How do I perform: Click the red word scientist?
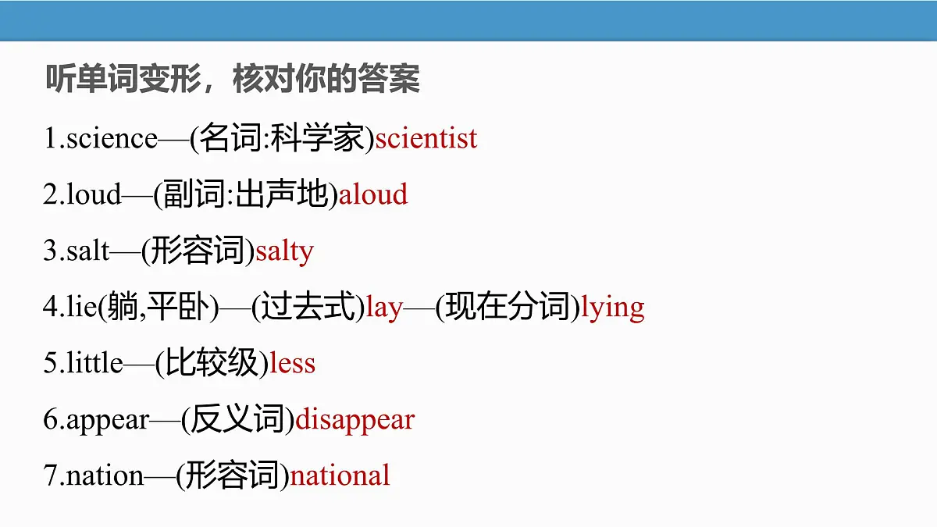[426, 139]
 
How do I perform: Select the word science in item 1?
[112, 139]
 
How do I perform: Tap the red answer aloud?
[373, 194]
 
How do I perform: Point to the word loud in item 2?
[94, 194]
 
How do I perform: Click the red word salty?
[284, 251]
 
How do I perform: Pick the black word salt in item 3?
[88, 251]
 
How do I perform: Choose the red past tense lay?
[383, 308]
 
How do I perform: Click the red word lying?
[613, 308]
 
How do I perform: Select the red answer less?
[292, 364]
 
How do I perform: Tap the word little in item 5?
[95, 364]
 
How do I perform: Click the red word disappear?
[354, 420]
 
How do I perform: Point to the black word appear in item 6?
[108, 420]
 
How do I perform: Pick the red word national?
[340, 475]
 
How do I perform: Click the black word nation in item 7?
[105, 475]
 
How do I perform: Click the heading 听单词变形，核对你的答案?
[233, 80]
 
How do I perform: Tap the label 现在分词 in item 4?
[508, 308]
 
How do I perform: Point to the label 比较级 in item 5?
[212, 364]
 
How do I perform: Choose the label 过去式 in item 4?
[308, 308]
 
